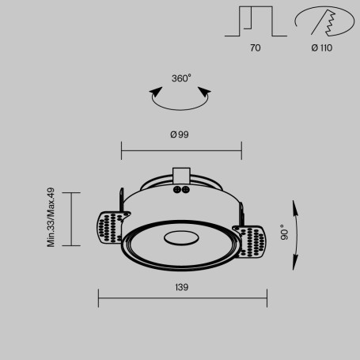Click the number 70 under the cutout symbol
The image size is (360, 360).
[255, 48]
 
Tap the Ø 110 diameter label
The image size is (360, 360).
[321, 48]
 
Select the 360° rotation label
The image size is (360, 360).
[181, 78]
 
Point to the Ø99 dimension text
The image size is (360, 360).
[180, 135]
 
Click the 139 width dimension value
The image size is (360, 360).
[181, 287]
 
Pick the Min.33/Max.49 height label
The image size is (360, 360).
[50, 218]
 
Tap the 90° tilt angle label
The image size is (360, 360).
[282, 232]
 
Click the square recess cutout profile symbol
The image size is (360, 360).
[256, 22]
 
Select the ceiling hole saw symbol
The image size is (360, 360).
[323, 22]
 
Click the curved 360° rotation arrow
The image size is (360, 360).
[181, 100]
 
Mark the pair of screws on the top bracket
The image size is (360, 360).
[180, 190]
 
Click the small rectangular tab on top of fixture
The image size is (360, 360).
[180, 175]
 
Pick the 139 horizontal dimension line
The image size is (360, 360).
[182, 298]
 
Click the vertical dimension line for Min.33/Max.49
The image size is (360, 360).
[72, 218]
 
